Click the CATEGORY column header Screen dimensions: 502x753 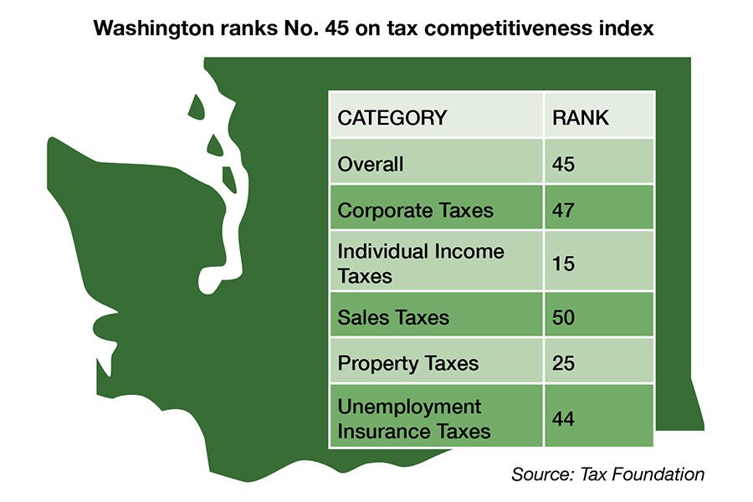tap(392, 118)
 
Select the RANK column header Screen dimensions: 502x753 tap(581, 118)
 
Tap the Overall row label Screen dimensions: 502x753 tap(371, 164)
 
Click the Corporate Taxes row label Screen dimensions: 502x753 tap(416, 210)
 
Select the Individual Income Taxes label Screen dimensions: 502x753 tap(421, 263)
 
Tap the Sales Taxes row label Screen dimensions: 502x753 tap(393, 317)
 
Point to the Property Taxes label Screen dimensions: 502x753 tap(408, 363)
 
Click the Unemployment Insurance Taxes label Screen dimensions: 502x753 tap(414, 419)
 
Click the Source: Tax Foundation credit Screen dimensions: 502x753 tap(608, 474)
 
